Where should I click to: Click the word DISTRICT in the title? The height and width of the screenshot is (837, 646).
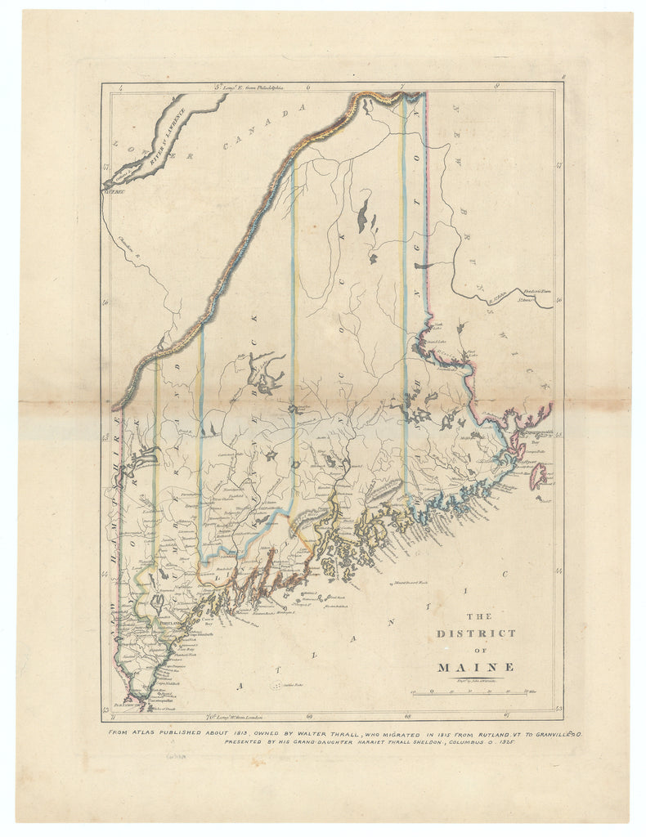pos(476,633)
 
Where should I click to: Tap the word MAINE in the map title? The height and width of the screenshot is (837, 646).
pos(476,666)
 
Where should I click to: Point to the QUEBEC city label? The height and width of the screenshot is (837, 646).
pos(111,193)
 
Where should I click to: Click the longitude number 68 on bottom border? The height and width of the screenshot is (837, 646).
pos(407,717)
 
